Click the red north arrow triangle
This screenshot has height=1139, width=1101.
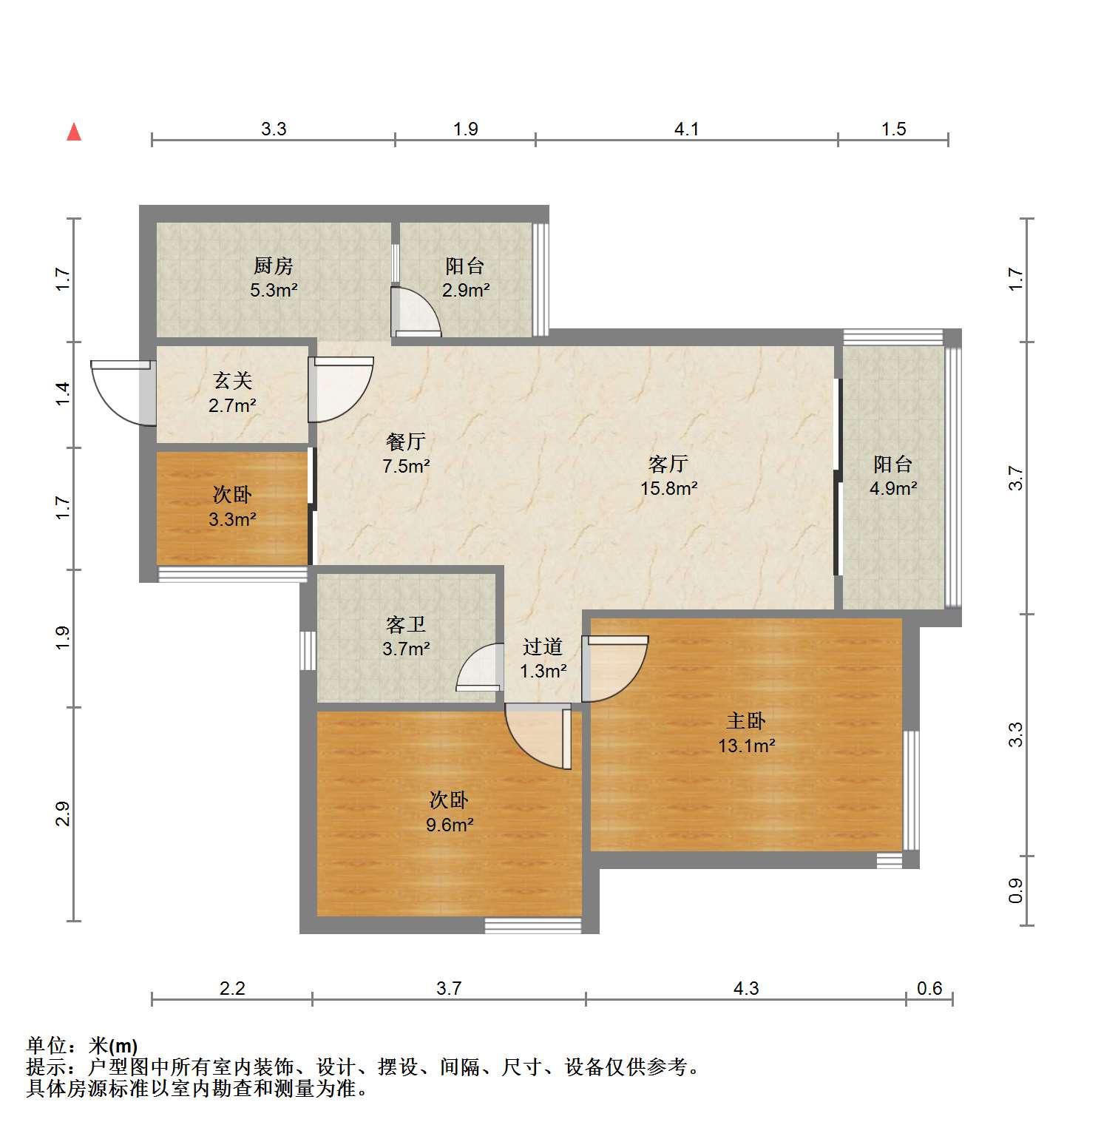pyautogui.click(x=74, y=132)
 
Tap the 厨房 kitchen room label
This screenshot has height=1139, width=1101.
pyautogui.click(x=274, y=266)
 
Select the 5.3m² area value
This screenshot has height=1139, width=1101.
pyautogui.click(x=274, y=290)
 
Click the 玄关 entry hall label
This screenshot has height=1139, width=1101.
pyautogui.click(x=233, y=381)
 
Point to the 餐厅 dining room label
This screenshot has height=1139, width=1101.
pyautogui.click(x=406, y=442)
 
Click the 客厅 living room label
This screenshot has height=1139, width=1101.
pyautogui.click(x=668, y=464)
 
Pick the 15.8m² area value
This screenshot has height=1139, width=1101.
pyautogui.click(x=669, y=488)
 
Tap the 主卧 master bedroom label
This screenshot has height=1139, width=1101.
pyautogui.click(x=746, y=720)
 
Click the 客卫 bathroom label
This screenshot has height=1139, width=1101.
pyautogui.click(x=406, y=625)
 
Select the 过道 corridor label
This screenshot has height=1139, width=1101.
pyautogui.click(x=543, y=646)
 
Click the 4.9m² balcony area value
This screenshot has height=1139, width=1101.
pyautogui.click(x=893, y=488)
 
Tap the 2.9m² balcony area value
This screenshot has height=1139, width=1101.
pyautogui.click(x=466, y=290)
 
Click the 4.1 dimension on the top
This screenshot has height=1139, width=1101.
pyautogui.click(x=686, y=129)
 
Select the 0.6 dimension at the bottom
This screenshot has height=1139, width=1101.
pyautogui.click(x=929, y=988)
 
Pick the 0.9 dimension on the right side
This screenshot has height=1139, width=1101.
pyautogui.click(x=1016, y=890)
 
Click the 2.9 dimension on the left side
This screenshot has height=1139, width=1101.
pyautogui.click(x=63, y=814)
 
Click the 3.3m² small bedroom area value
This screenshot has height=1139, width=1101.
pyautogui.click(x=233, y=519)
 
